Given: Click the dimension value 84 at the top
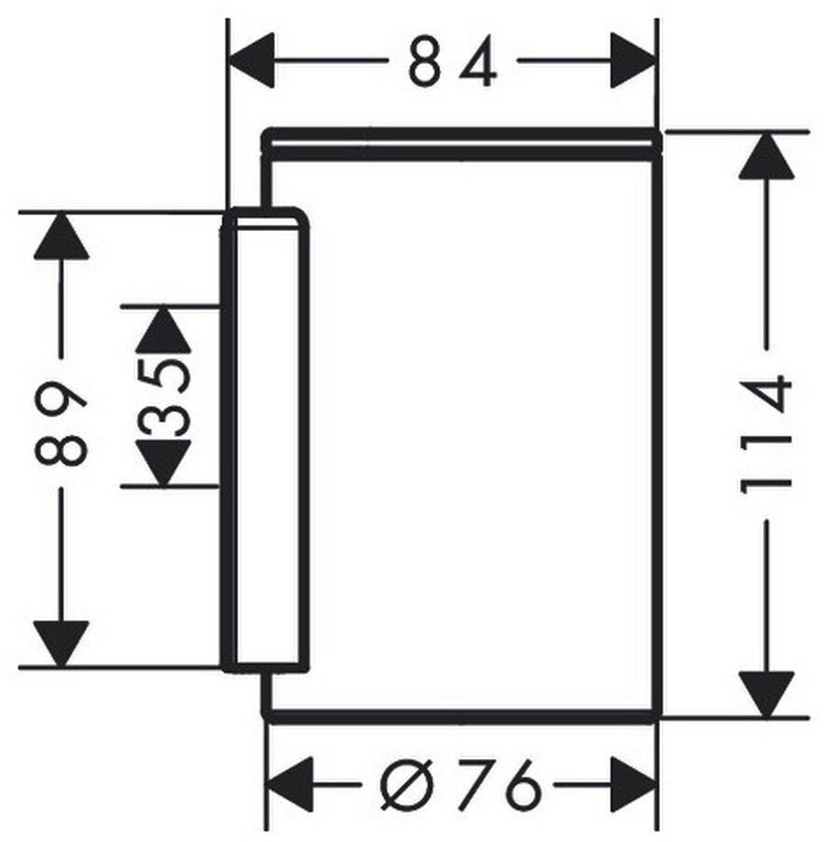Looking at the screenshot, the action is [452, 61].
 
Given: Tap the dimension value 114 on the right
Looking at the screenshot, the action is [765, 435].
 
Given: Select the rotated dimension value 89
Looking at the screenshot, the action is [61, 423].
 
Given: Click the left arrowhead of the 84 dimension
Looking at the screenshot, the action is [252, 61].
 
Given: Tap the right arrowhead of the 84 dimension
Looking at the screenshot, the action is [634, 61].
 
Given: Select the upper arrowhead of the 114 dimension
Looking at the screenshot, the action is [766, 156].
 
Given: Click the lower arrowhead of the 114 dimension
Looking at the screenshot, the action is [766, 694].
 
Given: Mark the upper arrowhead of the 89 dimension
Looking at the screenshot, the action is [61, 237].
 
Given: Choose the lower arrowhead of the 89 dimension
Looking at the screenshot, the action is [61, 645].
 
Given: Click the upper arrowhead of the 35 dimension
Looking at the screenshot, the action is [163, 330].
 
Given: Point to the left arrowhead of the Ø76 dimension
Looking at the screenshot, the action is [290, 785].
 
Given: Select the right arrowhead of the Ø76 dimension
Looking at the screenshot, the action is [634, 785].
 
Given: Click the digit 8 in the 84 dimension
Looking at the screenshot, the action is [425, 61].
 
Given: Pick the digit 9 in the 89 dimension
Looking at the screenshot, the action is [61, 400].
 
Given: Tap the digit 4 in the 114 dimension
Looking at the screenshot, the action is [765, 395].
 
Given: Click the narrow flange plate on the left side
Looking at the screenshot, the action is [266, 440].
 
